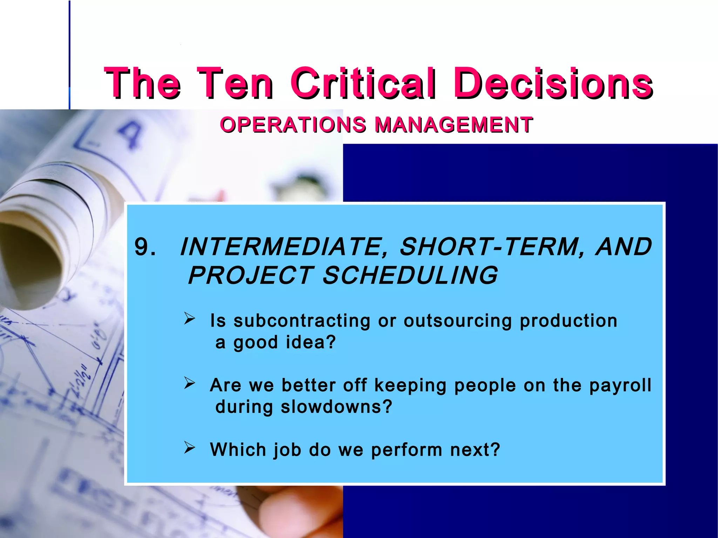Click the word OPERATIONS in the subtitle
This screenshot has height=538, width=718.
[x=293, y=125]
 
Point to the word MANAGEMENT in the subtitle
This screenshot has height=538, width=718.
[x=454, y=125]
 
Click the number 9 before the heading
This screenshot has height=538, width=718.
[x=142, y=247]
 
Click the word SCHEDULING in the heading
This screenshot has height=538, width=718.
[x=410, y=275]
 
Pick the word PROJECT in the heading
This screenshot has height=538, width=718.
[x=251, y=275]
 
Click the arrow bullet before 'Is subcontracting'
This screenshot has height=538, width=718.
[x=190, y=318]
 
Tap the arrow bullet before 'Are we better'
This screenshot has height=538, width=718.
[x=190, y=383]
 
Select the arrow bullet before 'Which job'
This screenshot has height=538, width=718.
[x=190, y=448]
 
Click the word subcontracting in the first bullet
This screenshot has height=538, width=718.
[x=302, y=321]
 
